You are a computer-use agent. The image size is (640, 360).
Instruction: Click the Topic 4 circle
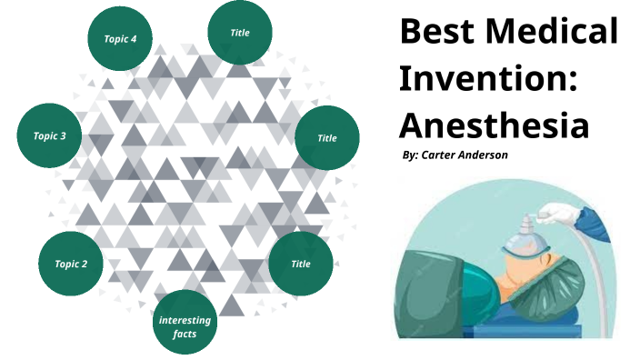(120, 38)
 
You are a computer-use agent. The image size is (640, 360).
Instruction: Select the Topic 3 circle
(49, 136)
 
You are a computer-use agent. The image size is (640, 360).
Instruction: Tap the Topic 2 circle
(71, 264)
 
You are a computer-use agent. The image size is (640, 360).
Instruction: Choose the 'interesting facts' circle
(185, 326)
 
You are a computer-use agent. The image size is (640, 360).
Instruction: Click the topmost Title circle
(241, 33)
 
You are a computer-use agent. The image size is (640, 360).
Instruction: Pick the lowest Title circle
(301, 264)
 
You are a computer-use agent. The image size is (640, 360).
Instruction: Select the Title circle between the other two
(327, 138)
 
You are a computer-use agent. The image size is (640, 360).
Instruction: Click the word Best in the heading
(435, 33)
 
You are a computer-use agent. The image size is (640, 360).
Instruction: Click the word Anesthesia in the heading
(494, 124)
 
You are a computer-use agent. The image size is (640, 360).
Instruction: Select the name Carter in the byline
(441, 155)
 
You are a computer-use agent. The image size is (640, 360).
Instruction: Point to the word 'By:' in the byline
(410, 155)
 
